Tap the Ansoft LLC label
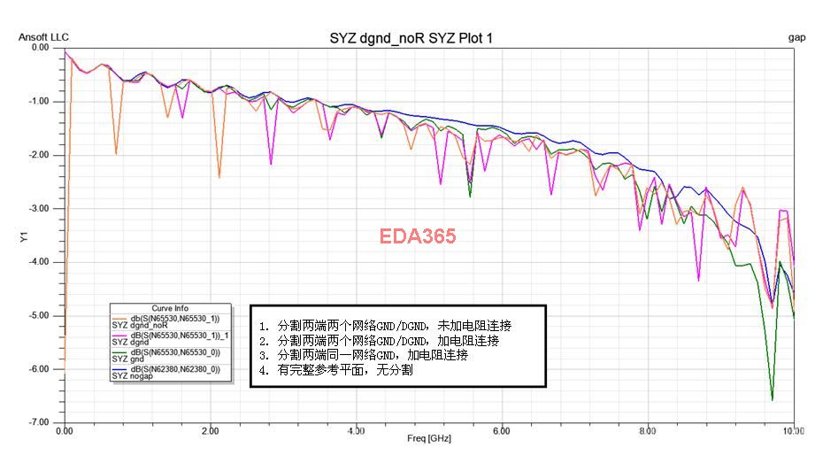tap(43, 37)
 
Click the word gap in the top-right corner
tap(796, 37)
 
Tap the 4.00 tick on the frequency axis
tap(355, 430)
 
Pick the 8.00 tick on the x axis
tap(648, 430)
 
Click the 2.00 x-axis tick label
tap(209, 430)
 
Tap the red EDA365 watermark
tap(418, 236)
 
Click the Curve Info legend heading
tap(169, 309)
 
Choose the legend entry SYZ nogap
tap(133, 376)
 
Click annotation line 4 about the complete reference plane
tap(336, 371)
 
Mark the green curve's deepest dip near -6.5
tap(772, 398)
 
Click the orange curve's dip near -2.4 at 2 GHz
tap(219, 177)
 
